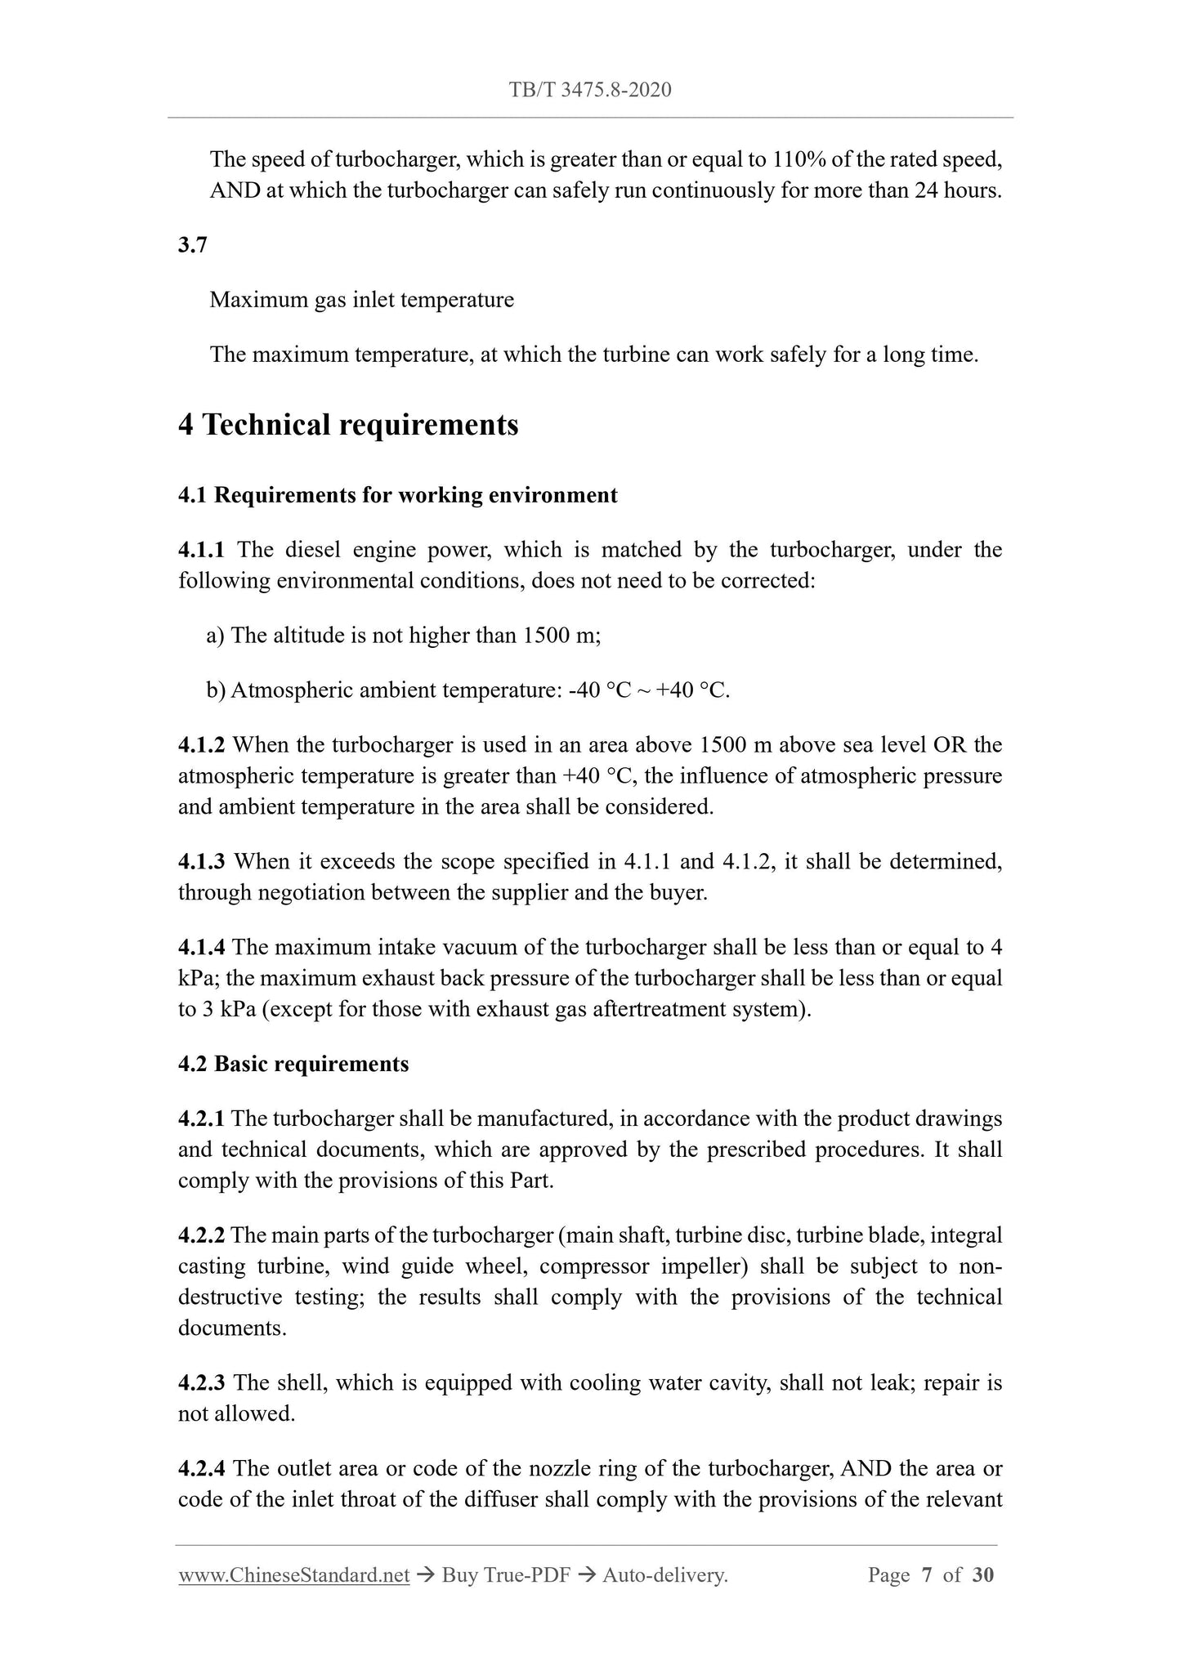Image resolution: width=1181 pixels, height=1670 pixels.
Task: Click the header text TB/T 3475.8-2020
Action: click(x=590, y=90)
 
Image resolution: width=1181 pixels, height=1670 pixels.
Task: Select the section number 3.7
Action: click(x=192, y=244)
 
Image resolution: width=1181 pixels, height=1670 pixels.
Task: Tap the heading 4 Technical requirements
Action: click(x=348, y=425)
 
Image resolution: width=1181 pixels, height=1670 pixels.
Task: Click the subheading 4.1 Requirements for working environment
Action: click(x=397, y=495)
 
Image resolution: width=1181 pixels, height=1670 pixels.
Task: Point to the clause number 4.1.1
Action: click(x=201, y=550)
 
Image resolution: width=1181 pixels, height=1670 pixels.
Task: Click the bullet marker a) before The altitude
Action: click(x=216, y=636)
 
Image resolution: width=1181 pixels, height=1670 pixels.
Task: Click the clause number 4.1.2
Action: click(x=201, y=745)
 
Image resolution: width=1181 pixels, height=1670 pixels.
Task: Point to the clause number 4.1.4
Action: click(x=201, y=948)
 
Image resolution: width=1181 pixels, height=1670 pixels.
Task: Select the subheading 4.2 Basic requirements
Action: click(x=293, y=1064)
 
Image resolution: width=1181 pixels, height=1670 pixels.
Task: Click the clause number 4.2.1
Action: click(x=201, y=1119)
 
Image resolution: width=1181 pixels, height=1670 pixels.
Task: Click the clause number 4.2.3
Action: click(x=201, y=1383)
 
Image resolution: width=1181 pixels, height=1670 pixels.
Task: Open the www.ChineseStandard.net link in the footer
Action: click(x=293, y=1575)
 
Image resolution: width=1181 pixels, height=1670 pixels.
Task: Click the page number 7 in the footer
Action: click(x=927, y=1575)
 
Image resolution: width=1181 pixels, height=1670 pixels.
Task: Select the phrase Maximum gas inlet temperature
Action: click(x=361, y=300)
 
